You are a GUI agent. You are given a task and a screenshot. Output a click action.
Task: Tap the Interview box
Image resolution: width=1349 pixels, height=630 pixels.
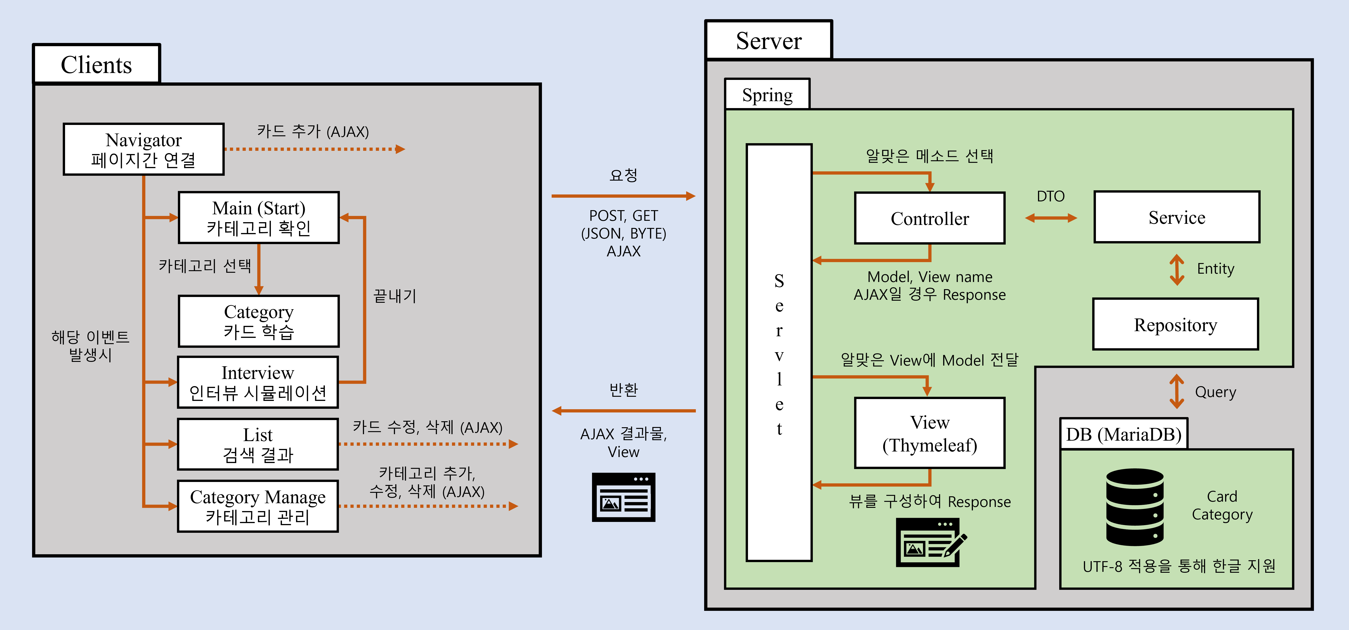258,382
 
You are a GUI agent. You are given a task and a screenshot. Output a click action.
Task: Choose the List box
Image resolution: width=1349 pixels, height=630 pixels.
258,444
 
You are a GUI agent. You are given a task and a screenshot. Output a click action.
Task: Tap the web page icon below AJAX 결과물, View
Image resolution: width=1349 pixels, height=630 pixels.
623,497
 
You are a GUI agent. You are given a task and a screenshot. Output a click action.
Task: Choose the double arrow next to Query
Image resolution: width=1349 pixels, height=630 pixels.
1177,391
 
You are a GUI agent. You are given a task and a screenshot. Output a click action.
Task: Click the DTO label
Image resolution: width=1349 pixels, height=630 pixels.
1050,197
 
